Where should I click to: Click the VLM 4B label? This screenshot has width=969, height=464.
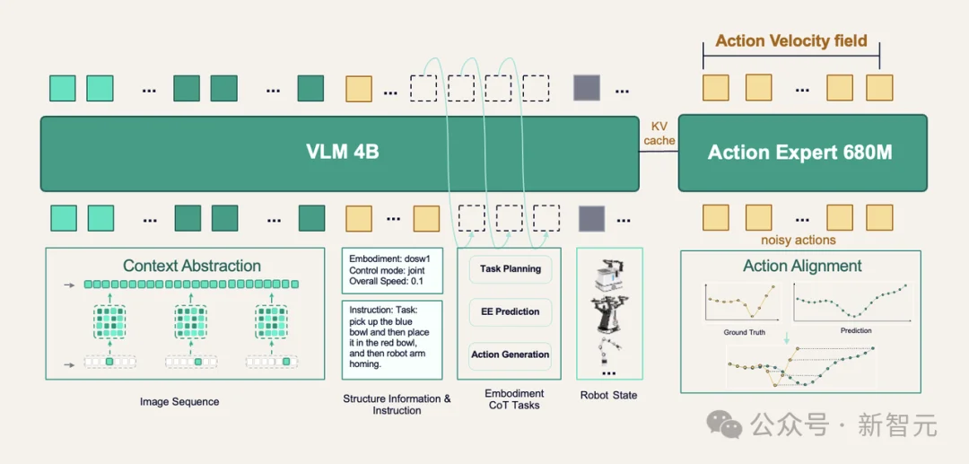(343, 153)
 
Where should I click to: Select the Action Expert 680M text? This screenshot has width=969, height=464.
(799, 153)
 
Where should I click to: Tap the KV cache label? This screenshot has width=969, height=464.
(659, 133)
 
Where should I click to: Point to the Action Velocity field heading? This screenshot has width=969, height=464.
(791, 40)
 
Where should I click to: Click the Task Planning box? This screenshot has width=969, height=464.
(511, 268)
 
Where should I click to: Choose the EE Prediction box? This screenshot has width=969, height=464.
(511, 312)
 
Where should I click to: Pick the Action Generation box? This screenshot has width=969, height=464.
(511, 355)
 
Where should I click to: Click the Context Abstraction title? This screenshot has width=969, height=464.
(192, 267)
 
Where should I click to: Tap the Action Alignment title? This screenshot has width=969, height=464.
(801, 266)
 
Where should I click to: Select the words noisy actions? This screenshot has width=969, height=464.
(799, 240)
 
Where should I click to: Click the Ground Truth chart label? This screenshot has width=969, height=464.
(744, 332)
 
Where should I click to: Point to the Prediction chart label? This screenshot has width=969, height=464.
(856, 330)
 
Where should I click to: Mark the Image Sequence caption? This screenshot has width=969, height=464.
(179, 401)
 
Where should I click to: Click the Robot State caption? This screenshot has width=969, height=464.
(608, 396)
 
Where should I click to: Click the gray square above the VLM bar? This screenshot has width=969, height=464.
(587, 88)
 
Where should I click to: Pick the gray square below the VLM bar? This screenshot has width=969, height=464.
(591, 219)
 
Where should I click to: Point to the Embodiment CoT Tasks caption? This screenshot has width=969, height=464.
(514, 399)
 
